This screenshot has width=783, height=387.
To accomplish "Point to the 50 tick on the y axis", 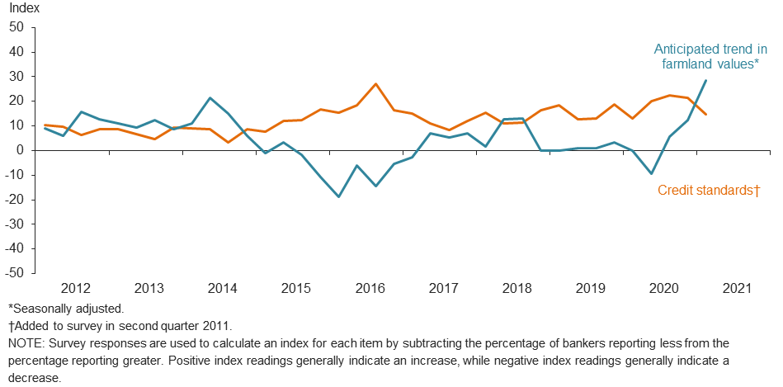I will click(x=16, y=27).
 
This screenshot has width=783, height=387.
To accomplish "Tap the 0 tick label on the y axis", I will click(x=20, y=150).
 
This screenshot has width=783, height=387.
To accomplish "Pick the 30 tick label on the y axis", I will click(x=16, y=77).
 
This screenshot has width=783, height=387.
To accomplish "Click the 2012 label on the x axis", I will click(x=75, y=288).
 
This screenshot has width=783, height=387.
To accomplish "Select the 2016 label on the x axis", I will click(x=370, y=288).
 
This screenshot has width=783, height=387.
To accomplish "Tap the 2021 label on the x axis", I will click(x=737, y=288).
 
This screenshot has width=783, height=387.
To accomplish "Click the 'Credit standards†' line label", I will click(x=708, y=191).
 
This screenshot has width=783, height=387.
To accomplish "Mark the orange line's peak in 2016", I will click(x=375, y=84).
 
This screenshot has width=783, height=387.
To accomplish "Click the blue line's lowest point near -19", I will click(x=338, y=196).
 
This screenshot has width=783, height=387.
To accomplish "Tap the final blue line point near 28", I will click(x=706, y=80).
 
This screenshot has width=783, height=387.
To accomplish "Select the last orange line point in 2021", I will click(x=706, y=114).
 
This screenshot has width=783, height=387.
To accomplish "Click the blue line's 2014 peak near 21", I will click(x=210, y=98).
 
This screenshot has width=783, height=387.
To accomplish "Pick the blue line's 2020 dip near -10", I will click(x=651, y=173).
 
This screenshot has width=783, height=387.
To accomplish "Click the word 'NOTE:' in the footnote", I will click(x=26, y=342).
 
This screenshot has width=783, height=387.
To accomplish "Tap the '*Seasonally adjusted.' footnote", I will click(x=65, y=309).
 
